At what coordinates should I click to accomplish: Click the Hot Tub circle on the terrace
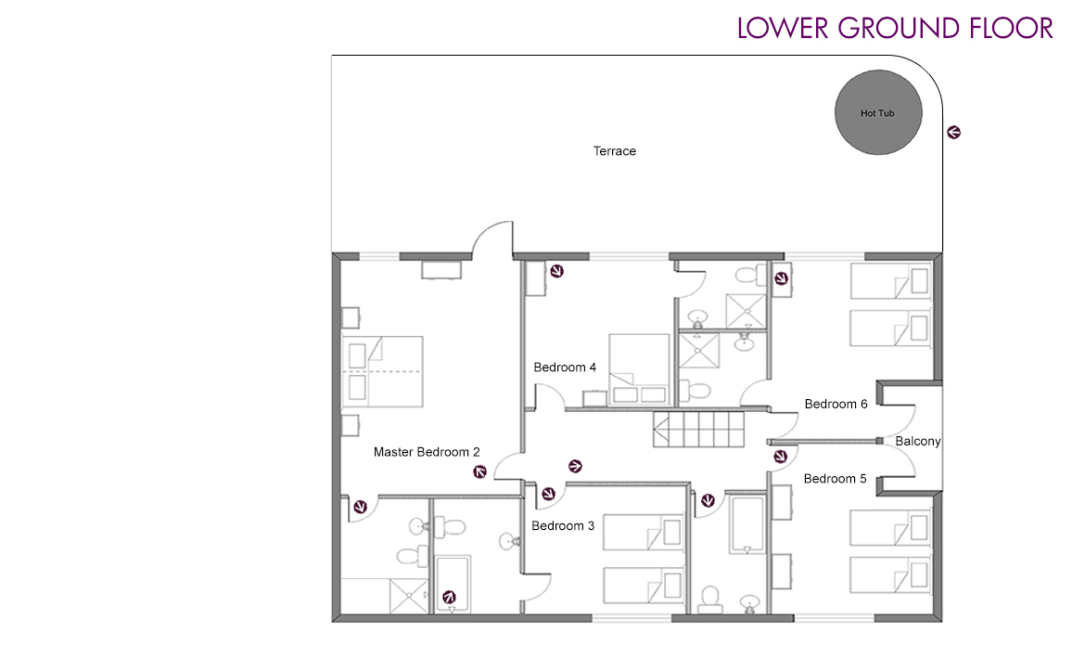click(x=877, y=112)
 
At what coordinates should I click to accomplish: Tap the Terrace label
click(x=615, y=150)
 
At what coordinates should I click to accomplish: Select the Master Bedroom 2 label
click(x=427, y=452)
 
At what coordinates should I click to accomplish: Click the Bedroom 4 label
click(x=565, y=368)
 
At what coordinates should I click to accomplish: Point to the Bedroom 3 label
click(x=563, y=525)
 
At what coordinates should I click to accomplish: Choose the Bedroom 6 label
click(x=836, y=404)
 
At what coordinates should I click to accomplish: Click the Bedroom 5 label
click(x=835, y=478)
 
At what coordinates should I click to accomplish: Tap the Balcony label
click(x=917, y=441)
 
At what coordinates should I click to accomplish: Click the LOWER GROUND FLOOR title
click(x=895, y=28)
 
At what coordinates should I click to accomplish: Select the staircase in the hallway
click(x=698, y=431)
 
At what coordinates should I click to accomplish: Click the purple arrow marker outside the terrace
click(x=953, y=133)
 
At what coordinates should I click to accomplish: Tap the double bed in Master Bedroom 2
click(x=383, y=370)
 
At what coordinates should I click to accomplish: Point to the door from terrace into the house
click(x=492, y=240)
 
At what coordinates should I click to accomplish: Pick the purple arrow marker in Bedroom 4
click(x=556, y=271)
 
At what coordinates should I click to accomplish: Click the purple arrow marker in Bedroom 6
click(x=781, y=278)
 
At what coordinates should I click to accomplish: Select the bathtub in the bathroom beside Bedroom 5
click(x=746, y=525)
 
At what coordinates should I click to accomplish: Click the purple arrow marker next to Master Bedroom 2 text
click(x=479, y=472)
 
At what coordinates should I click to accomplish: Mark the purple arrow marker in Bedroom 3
click(x=548, y=494)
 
